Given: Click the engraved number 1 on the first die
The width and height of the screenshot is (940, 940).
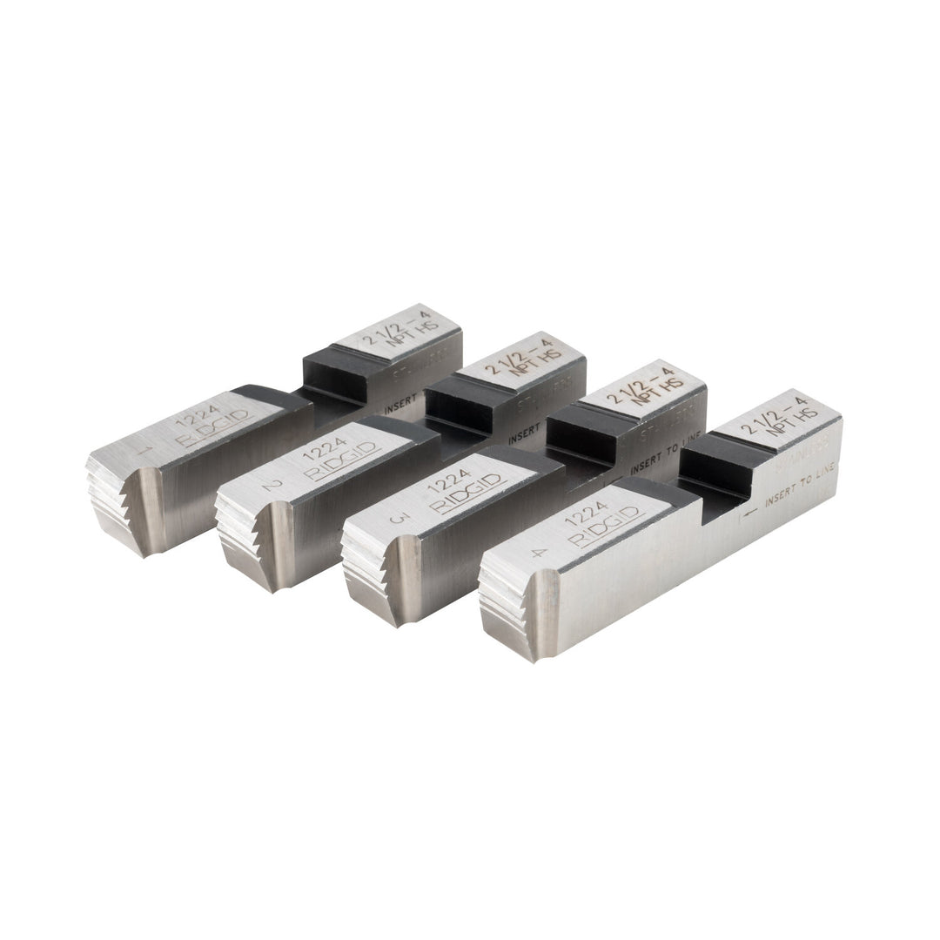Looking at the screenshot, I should tap(154, 451).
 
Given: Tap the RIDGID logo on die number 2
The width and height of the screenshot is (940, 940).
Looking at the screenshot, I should tap(343, 464).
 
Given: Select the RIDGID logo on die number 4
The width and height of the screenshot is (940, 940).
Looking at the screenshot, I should tap(607, 527).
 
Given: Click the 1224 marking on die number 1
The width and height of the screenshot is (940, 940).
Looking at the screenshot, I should tap(196, 418).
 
